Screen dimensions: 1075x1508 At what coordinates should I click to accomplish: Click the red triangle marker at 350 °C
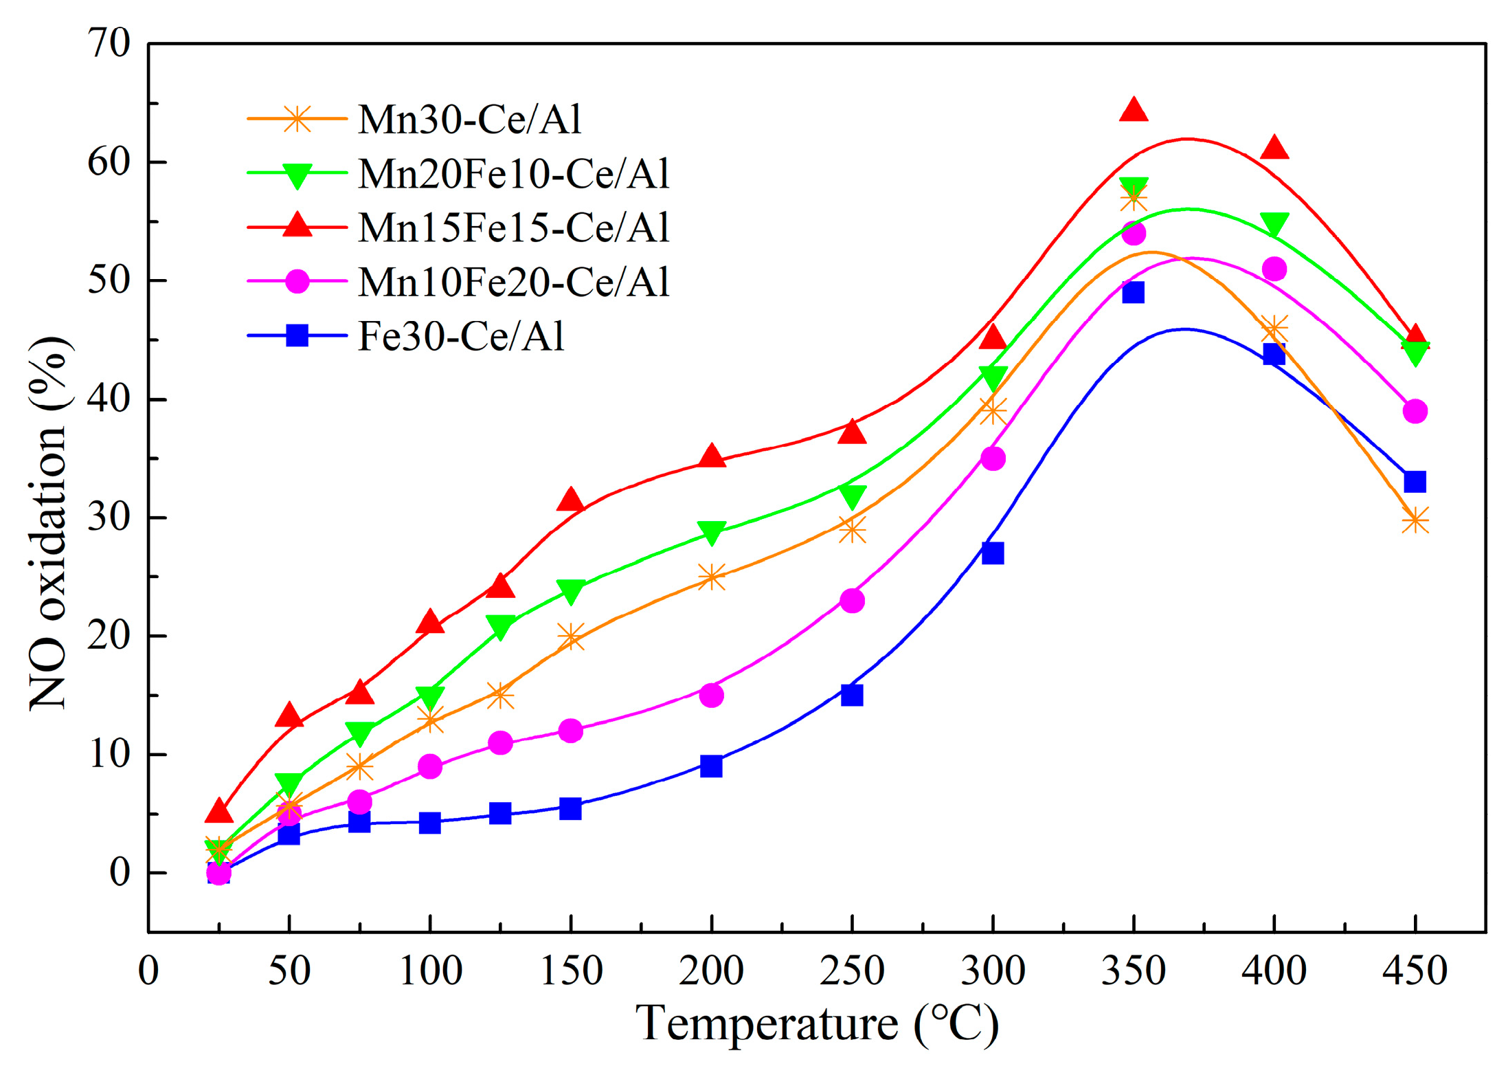1133,110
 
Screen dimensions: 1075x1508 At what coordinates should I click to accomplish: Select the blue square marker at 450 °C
1415,481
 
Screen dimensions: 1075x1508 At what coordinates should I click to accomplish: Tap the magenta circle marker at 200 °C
711,695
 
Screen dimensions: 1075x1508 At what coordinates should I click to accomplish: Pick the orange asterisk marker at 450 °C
1415,521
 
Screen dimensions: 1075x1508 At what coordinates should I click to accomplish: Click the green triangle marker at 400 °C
1274,224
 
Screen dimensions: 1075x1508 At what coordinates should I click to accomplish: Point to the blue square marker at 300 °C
992,553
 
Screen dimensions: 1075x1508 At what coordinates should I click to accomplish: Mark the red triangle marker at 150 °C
570,500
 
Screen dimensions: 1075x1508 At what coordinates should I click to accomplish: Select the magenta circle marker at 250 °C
852,600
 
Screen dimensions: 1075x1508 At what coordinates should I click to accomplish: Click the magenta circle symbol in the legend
297,281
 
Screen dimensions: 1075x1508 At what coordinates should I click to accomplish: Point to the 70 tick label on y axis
109,43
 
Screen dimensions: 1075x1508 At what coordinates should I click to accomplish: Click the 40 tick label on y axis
109,399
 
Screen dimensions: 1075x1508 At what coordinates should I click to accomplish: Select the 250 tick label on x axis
852,971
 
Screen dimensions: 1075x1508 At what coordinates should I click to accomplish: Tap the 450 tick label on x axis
1415,971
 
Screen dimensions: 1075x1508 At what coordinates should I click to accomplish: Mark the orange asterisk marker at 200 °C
711,577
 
